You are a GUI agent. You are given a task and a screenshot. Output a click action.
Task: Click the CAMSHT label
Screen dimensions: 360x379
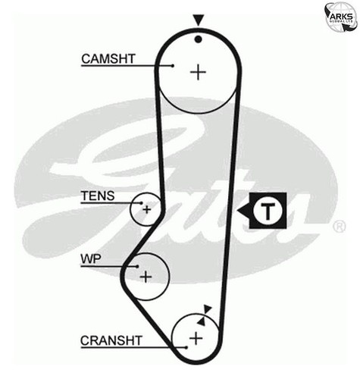point(108,58)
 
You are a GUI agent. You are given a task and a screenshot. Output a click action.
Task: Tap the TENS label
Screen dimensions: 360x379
point(98,196)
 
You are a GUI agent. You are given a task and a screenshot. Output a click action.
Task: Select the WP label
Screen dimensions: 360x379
point(91,259)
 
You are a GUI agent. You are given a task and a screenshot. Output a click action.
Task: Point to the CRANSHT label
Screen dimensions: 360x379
point(111,340)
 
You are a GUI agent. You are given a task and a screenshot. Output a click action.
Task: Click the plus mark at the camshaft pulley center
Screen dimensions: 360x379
point(198,72)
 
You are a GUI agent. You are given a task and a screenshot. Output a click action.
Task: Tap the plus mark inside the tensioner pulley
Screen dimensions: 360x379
point(146,209)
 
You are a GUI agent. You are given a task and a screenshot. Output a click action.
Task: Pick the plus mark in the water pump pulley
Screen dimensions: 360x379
point(146,277)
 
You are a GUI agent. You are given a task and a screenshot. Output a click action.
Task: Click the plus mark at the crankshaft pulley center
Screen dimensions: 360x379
point(196,338)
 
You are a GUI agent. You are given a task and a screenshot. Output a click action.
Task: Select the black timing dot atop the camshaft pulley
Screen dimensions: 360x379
point(199,39)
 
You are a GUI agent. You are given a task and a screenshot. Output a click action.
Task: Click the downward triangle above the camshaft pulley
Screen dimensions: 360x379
point(199,20)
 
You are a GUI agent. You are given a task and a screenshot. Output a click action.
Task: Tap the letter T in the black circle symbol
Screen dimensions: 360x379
point(268,211)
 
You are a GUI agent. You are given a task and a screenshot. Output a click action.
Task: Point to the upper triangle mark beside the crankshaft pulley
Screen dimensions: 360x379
point(208,309)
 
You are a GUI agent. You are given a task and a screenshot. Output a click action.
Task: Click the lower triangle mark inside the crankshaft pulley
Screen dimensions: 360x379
point(202,321)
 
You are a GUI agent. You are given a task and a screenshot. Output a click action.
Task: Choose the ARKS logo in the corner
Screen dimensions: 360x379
point(342,17)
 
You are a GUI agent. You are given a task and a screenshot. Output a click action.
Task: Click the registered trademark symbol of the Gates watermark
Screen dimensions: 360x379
point(339,227)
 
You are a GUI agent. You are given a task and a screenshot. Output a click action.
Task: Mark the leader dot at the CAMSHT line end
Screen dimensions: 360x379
point(173,66)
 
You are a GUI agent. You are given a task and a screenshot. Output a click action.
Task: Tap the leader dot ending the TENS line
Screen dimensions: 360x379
point(142,202)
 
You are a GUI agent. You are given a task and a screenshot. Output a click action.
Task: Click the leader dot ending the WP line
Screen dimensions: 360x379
point(137,266)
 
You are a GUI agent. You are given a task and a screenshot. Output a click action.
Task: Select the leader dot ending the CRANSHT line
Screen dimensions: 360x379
point(186,347)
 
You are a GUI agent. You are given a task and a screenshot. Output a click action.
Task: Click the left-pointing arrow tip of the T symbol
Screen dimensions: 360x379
point(237,211)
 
